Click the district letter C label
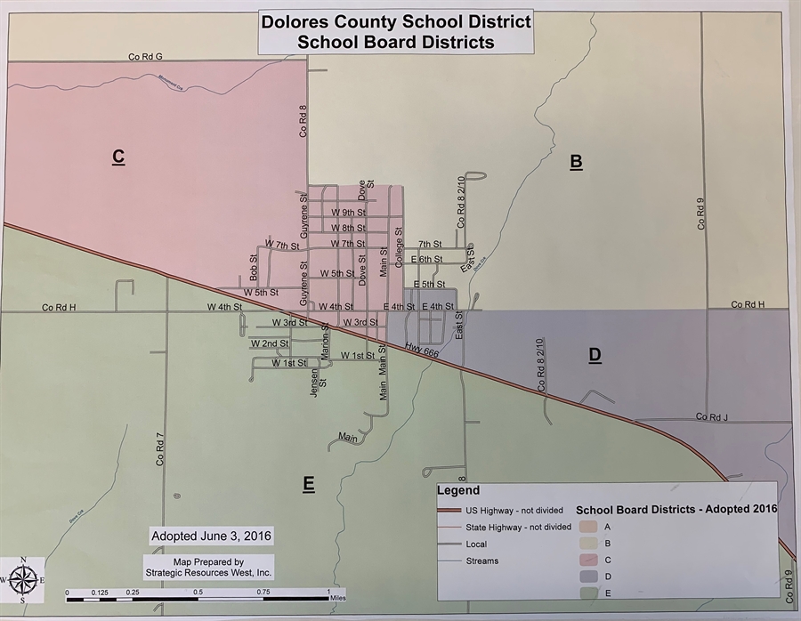coord(117,157)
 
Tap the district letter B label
coord(576,161)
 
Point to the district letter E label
coord(308,484)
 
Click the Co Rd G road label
coord(145,57)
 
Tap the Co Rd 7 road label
coord(161,449)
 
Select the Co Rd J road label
coord(712,416)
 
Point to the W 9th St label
coord(348,213)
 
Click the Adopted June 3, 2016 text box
coord(211,536)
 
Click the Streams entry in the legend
coord(481,561)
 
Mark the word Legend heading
coord(458,490)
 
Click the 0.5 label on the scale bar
coord(198,593)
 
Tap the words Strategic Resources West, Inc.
coord(209,574)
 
